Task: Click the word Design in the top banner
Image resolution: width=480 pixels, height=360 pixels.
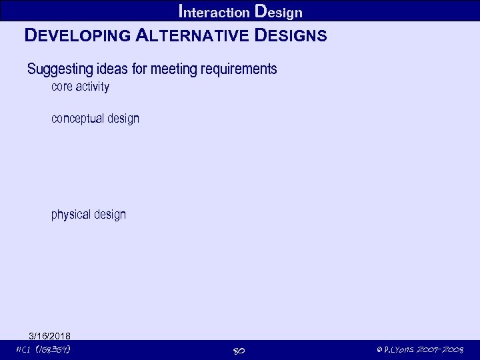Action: [279, 11]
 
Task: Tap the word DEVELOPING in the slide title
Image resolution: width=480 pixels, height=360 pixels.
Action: [77, 36]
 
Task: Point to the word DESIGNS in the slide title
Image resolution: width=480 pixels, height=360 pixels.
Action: [291, 36]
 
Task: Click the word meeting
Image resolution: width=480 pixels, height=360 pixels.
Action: [172, 69]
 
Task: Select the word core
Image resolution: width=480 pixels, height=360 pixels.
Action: [62, 87]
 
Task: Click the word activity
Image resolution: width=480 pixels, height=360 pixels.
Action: [93, 87]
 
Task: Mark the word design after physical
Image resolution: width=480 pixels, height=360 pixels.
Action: [110, 215]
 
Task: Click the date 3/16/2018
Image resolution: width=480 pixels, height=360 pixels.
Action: [50, 335]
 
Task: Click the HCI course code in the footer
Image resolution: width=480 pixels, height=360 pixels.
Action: [44, 349]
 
